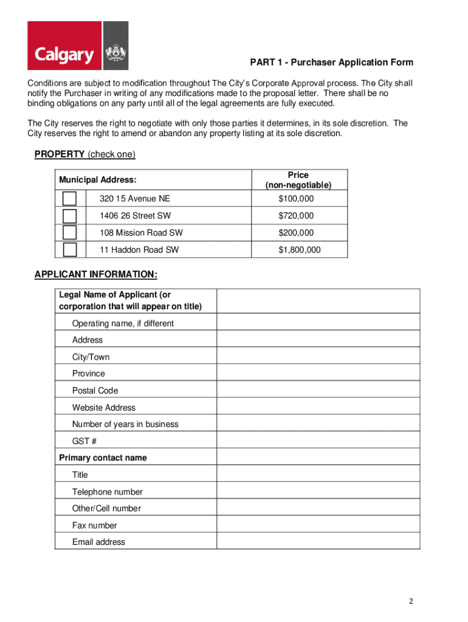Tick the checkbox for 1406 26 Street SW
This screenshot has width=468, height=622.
click(70, 216)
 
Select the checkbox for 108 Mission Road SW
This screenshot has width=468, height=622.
click(70, 233)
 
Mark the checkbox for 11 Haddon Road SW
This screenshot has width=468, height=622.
click(70, 250)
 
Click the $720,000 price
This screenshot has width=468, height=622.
click(296, 216)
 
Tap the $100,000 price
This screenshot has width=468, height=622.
click(296, 199)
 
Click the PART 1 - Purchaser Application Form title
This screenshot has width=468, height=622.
click(332, 63)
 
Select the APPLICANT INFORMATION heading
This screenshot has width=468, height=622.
click(96, 275)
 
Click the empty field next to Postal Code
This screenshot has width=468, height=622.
click(318, 391)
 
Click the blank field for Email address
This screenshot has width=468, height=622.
click(318, 542)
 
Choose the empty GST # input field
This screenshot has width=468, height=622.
click(318, 441)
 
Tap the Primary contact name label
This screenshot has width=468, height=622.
click(103, 458)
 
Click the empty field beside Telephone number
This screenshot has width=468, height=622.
click(318, 491)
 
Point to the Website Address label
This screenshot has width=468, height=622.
click(104, 408)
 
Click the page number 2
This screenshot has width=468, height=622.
click(411, 601)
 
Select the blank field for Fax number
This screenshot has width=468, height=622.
click(318, 525)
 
